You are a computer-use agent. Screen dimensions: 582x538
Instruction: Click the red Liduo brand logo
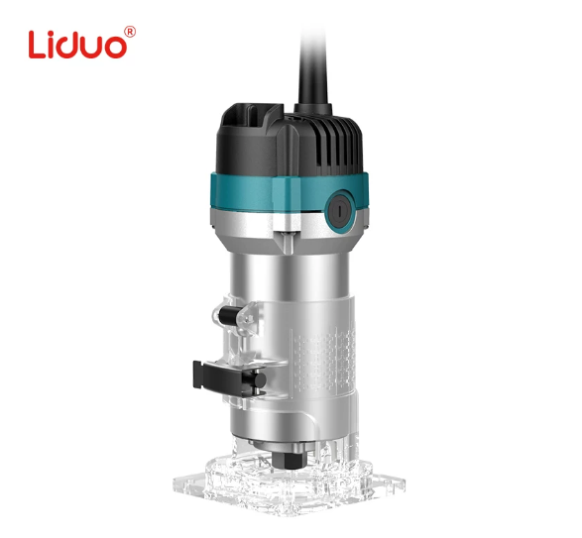pyautogui.click(x=81, y=43)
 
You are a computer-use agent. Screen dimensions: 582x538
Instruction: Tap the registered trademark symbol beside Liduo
pyautogui.click(x=130, y=32)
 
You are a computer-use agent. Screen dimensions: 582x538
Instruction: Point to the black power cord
pyautogui.click(x=313, y=66)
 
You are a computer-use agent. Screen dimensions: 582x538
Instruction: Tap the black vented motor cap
pyautogui.click(x=290, y=141)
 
